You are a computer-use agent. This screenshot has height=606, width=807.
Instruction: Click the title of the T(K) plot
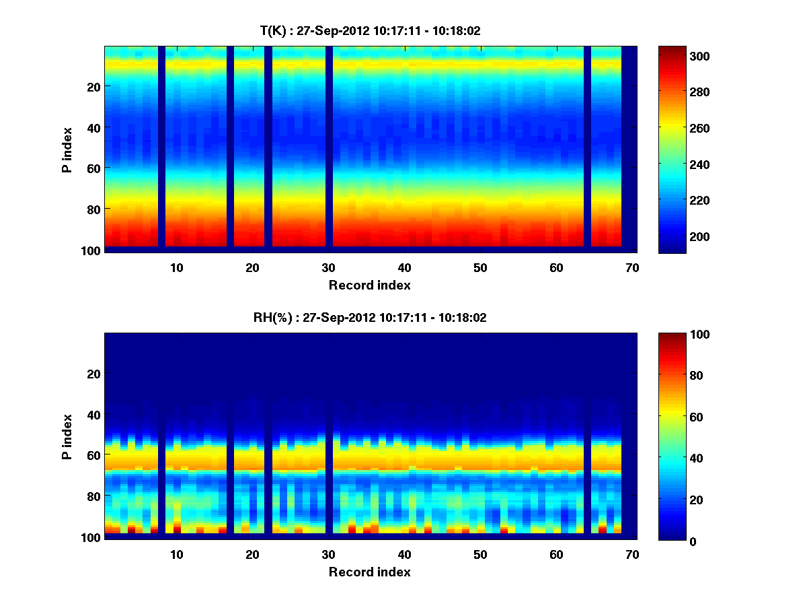[370, 31]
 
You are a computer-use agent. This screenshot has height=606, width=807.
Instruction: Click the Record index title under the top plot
[370, 285]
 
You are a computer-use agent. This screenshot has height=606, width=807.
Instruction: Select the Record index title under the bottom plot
[370, 572]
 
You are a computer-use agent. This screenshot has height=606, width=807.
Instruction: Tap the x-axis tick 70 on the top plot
[632, 267]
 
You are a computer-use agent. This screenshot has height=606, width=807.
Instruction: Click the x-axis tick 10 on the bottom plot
[177, 554]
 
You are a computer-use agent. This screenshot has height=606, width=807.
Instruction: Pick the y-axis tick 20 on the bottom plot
[93, 374]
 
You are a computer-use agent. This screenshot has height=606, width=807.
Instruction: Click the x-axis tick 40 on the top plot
[404, 267]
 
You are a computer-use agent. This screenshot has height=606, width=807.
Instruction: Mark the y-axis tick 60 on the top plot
[93, 168]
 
